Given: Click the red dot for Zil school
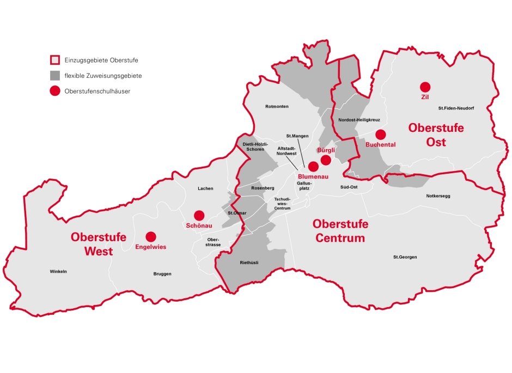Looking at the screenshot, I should (425, 87).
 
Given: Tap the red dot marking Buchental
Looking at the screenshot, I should (380, 134).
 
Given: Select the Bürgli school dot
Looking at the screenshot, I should (326, 160).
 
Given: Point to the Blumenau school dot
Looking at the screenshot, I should (313, 166).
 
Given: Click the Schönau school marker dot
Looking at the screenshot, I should (199, 215).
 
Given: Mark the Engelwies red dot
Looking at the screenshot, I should (151, 236).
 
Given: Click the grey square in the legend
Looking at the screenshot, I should (54, 76).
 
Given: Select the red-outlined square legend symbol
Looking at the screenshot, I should (54, 60).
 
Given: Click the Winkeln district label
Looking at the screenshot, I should (58, 271).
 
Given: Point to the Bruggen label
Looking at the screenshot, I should (162, 274).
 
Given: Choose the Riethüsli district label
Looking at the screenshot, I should (249, 262).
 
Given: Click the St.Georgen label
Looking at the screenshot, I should (405, 257).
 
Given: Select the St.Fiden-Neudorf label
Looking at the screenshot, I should (456, 108).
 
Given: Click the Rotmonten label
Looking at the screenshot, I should (276, 106).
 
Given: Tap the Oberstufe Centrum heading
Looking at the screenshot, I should (340, 231).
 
